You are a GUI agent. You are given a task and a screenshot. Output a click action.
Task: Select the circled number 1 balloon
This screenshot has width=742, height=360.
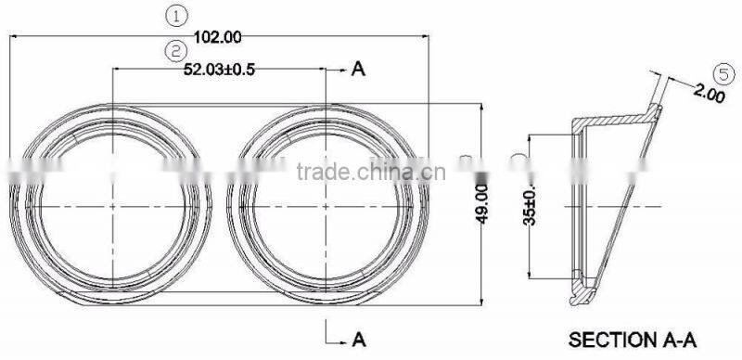click(174, 15)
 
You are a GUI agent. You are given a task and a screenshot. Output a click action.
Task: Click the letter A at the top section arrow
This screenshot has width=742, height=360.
click(357, 69)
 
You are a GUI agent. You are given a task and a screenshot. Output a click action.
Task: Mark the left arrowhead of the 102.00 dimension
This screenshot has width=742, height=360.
click(11, 37)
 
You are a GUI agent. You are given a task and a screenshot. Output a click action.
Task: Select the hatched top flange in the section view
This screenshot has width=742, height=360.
click(608, 122)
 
